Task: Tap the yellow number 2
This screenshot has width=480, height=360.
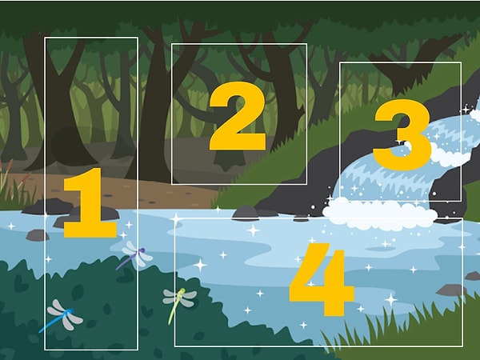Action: [x=238, y=116]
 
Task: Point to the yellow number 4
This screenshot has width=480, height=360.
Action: [x=322, y=279]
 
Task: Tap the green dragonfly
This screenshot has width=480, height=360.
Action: [x=179, y=302]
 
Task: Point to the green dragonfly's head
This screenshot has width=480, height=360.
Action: [x=182, y=290]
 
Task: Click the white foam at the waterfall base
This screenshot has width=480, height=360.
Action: [x=379, y=214]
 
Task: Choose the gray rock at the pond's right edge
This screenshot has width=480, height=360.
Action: [x=450, y=290]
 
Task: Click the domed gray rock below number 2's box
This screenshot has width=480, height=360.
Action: [x=245, y=213]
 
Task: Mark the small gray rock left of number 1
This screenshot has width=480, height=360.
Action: [x=38, y=235]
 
